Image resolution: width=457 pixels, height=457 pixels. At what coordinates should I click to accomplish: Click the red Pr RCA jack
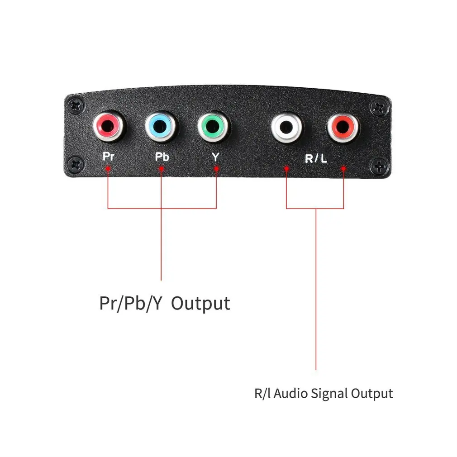pyautogui.click(x=109, y=127)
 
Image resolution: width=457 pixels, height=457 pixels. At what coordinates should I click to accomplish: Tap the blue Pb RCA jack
pyautogui.click(x=161, y=127)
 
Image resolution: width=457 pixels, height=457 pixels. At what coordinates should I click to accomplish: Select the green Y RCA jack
pyautogui.click(x=214, y=127)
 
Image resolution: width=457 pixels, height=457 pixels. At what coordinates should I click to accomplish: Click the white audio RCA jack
pyautogui.click(x=287, y=128)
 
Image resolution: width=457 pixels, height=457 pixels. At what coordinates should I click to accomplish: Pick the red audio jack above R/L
pyautogui.click(x=343, y=128)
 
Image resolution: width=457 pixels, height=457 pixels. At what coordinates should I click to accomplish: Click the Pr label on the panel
pyautogui.click(x=108, y=157)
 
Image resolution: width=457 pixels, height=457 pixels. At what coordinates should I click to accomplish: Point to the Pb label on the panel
pyautogui.click(x=162, y=157)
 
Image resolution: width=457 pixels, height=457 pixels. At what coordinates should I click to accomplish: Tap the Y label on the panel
pyautogui.click(x=215, y=157)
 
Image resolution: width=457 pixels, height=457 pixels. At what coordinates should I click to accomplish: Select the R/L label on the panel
pyautogui.click(x=315, y=158)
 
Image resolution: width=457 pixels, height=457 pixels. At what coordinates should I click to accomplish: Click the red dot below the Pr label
pyautogui.click(x=108, y=169)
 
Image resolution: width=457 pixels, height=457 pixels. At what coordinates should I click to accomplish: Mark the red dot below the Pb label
pyautogui.click(x=161, y=169)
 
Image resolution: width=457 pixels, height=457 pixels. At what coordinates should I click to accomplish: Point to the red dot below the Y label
pyautogui.click(x=216, y=169)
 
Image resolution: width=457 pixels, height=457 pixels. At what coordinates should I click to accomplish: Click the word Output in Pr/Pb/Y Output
pyautogui.click(x=200, y=303)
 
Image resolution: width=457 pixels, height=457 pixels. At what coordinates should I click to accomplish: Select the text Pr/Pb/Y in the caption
pyautogui.click(x=130, y=303)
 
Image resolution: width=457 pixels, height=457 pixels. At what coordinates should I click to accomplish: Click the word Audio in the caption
pyautogui.click(x=291, y=393)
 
